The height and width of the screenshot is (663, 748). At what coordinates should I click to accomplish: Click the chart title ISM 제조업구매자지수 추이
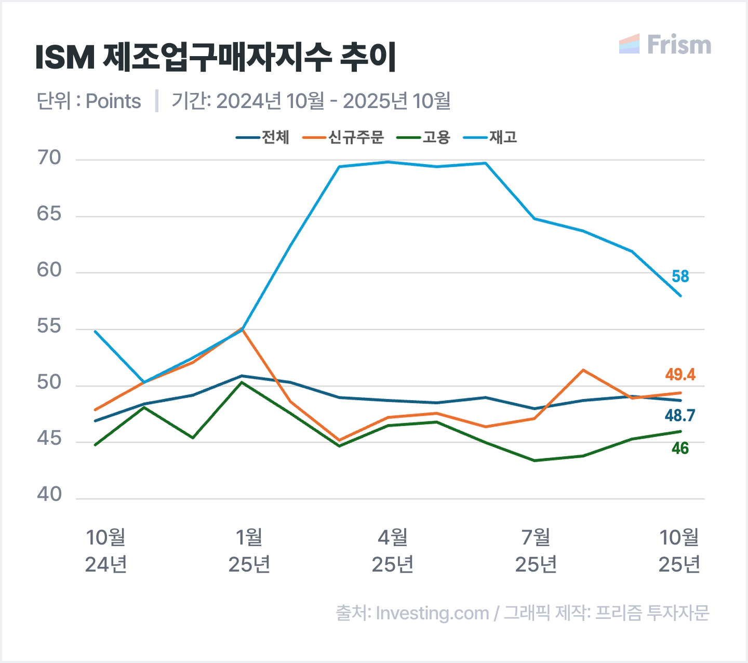216,57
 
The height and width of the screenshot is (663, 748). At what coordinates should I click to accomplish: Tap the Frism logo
665,44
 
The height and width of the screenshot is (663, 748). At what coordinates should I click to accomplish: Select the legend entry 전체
262,137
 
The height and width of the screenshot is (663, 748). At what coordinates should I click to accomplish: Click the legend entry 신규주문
343,137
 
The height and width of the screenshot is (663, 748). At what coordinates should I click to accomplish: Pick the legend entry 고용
423,137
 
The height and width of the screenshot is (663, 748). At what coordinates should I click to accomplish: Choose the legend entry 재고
490,137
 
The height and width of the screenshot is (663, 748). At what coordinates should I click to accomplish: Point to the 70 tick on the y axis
49,158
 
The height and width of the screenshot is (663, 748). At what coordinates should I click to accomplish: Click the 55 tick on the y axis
49,326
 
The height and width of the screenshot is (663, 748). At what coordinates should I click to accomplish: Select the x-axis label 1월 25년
249,551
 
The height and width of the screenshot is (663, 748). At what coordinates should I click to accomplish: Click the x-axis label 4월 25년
393,551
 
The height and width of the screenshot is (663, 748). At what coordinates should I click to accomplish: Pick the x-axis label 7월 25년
536,551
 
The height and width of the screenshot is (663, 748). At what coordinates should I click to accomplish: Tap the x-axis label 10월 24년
106,551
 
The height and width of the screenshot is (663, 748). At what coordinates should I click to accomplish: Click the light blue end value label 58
680,276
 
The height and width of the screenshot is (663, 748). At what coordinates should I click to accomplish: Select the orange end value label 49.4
680,375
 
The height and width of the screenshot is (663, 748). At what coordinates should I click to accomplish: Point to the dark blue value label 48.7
680,416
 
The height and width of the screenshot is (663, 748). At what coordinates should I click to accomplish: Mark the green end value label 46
680,448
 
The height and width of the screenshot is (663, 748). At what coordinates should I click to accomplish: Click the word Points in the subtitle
113,101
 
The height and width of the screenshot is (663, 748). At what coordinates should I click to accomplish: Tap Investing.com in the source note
432,614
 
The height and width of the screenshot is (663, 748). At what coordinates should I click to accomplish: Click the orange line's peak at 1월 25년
242,328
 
